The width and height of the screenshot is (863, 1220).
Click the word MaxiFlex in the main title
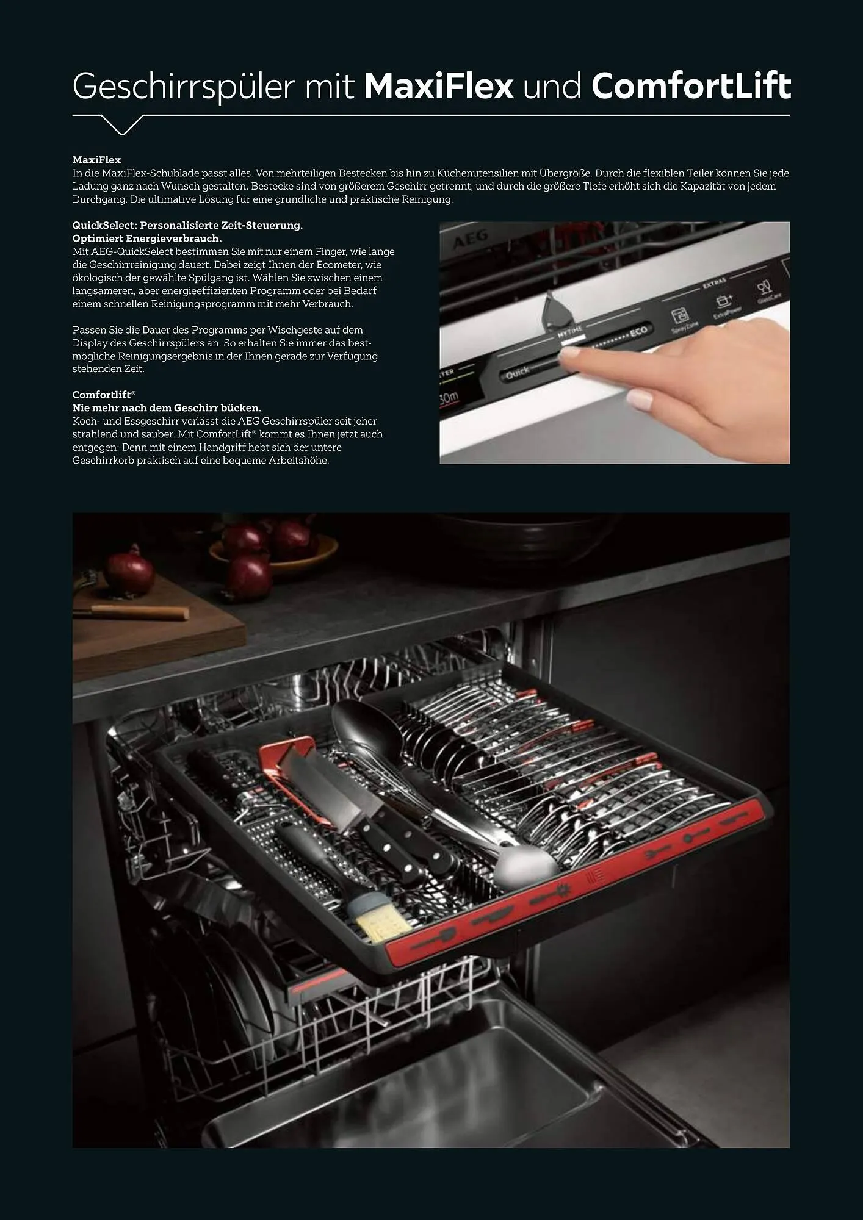click(x=439, y=86)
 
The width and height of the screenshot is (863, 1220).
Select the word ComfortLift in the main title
click(x=691, y=86)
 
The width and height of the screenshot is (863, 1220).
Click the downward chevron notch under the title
click(x=122, y=124)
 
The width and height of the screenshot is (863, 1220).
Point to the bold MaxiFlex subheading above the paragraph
click(x=96, y=160)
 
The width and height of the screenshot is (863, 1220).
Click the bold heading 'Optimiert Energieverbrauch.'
click(x=147, y=239)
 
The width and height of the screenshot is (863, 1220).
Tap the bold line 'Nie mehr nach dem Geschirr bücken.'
click(x=167, y=407)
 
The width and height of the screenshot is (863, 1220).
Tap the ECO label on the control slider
click(x=638, y=331)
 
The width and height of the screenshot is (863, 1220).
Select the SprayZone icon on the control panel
click(x=679, y=316)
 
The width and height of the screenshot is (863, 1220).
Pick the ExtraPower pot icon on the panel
click(x=724, y=301)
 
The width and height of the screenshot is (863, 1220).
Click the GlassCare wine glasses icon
click(x=764, y=287)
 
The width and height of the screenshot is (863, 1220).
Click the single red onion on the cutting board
click(x=129, y=572)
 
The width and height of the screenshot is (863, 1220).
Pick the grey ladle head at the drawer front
click(x=525, y=864)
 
